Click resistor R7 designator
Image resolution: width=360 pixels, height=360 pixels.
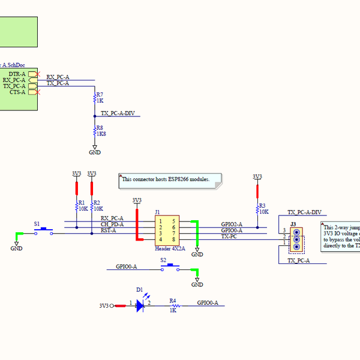pyautogui.click(x=100, y=95)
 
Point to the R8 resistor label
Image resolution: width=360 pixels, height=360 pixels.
pyautogui.click(x=100, y=128)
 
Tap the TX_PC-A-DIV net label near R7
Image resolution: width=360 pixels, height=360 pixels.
pyautogui.click(x=118, y=113)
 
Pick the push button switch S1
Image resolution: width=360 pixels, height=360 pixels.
pyautogui.click(x=43, y=230)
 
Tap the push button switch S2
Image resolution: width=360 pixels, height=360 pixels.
pyautogui.click(x=170, y=266)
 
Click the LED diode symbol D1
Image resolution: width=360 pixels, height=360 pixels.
pyautogui.click(x=140, y=305)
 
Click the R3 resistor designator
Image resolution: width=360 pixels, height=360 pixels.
pyautogui.click(x=262, y=205)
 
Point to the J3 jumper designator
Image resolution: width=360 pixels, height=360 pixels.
pyautogui.click(x=293, y=224)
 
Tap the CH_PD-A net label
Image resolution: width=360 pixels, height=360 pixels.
pyautogui.click(x=112, y=224)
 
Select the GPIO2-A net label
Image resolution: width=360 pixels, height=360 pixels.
pyautogui.click(x=232, y=224)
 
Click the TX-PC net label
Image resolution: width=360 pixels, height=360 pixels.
pyautogui.click(x=229, y=236)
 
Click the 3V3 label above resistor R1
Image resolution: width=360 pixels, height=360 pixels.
pyautogui.click(x=76, y=173)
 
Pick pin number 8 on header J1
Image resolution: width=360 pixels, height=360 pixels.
pyautogui.click(x=173, y=239)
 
